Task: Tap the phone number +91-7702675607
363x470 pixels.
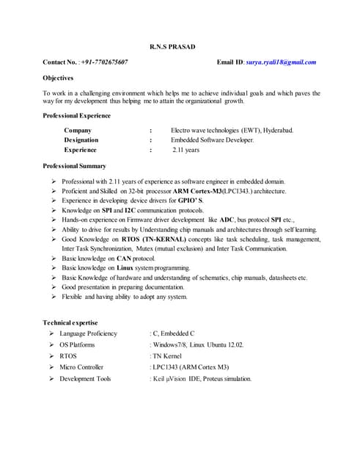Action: point(104,62)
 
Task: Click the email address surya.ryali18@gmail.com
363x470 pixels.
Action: point(280,62)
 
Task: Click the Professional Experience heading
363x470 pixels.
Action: point(78,117)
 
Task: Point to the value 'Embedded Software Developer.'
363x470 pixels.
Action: point(213,140)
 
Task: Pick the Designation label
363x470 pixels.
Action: point(86,140)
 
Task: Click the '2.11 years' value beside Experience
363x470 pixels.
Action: point(186,150)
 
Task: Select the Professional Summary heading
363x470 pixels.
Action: point(74,166)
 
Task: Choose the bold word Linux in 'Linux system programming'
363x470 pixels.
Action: point(128,268)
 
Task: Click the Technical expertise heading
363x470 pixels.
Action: point(70,322)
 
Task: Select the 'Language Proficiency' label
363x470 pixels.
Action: point(88,333)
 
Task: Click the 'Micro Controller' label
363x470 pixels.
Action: point(81,367)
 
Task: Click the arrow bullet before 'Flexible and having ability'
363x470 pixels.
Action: point(54,297)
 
